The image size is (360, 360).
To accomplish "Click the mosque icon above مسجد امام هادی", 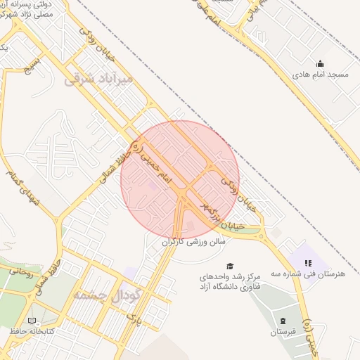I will click(x=321, y=64).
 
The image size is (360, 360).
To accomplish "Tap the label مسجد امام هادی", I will click(x=321, y=74).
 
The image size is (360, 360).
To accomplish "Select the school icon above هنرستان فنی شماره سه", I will click(x=307, y=263).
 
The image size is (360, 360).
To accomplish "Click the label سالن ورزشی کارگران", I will click(x=194, y=241).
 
